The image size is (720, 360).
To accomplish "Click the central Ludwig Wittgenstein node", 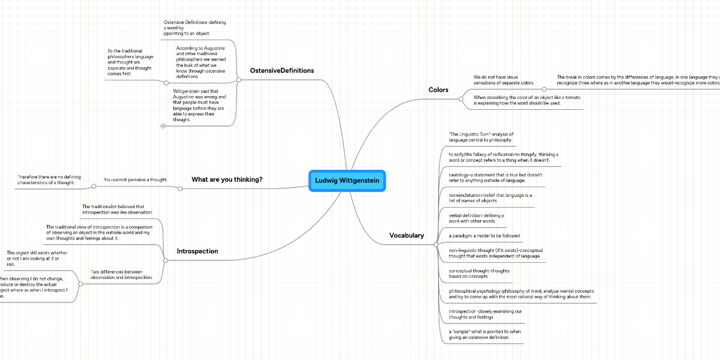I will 347,181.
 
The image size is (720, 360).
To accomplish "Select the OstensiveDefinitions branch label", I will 282,71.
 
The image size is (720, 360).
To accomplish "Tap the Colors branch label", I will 438,90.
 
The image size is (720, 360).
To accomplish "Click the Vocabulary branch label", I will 406,236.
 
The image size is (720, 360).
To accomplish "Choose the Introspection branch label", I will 197,251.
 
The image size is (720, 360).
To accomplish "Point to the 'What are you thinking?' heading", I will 227,179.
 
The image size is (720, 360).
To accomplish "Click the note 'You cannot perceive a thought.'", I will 135,179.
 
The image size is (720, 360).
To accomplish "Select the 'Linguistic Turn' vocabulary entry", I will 481,136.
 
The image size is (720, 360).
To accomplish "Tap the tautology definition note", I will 495,178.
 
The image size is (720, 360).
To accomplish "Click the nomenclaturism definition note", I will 490,198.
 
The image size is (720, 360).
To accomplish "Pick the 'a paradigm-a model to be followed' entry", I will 476,236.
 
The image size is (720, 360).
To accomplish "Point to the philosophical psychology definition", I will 520,294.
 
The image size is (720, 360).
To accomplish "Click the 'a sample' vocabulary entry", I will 485,334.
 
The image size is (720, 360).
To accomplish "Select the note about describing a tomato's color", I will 517,100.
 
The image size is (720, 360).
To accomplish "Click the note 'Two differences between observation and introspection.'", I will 121,274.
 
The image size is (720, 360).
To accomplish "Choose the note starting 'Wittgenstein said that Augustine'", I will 199,106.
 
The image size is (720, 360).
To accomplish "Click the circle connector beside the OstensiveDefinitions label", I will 238,79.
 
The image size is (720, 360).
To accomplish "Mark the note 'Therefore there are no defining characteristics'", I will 49,179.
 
